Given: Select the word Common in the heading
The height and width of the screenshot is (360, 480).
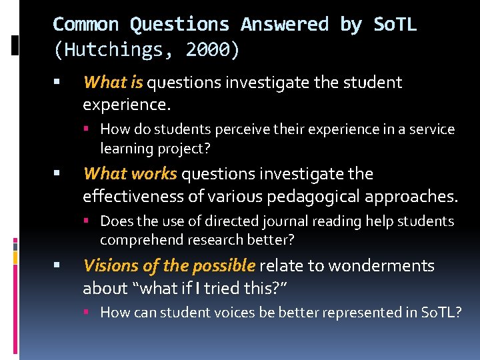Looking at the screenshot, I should pyautogui.click(x=86, y=25).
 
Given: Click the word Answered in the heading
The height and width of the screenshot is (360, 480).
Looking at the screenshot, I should pyautogui.click(x=285, y=25).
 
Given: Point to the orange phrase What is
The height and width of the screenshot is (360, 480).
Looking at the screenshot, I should pyautogui.click(x=113, y=83).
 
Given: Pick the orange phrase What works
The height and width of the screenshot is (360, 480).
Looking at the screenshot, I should pyautogui.click(x=130, y=174).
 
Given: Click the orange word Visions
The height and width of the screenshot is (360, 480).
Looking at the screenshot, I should pyautogui.click(x=111, y=266).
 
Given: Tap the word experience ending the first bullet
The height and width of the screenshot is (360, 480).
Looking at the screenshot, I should pyautogui.click(x=125, y=105).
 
